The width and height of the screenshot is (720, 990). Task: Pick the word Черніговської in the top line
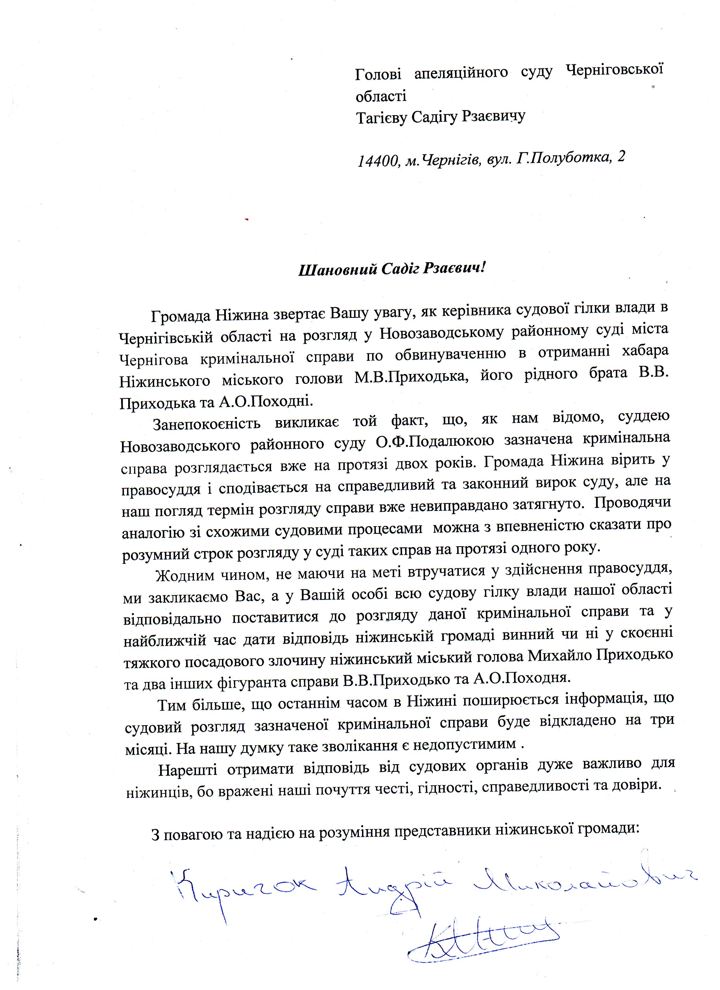[x=614, y=70]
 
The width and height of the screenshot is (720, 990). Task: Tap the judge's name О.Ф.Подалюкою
[x=435, y=441]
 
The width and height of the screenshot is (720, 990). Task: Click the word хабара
[x=643, y=351]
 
